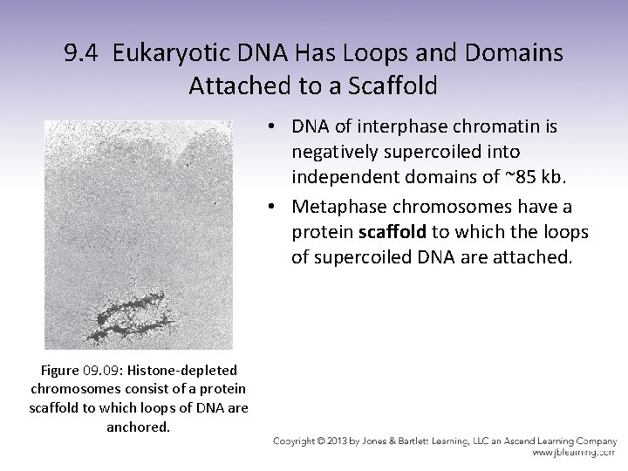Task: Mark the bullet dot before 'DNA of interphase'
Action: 273,127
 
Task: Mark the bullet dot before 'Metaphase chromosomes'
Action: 273,207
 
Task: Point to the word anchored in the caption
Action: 139,427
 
